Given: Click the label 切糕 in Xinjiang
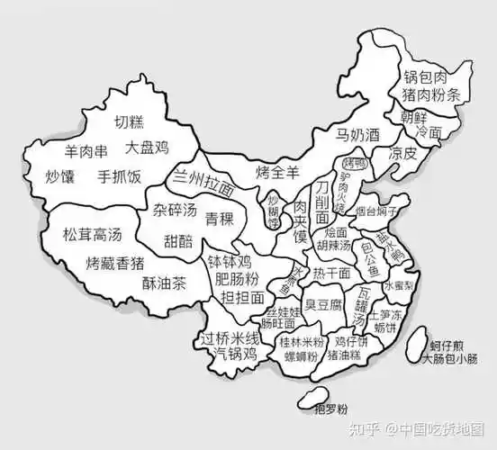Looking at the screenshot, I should [x=129, y=123].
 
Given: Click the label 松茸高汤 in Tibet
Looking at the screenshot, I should [x=91, y=235].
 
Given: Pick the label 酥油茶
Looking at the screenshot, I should [x=164, y=283].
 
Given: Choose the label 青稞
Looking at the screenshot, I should [x=221, y=219].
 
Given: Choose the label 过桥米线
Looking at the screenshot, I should [x=230, y=338].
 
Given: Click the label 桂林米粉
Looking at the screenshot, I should [x=303, y=343].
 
